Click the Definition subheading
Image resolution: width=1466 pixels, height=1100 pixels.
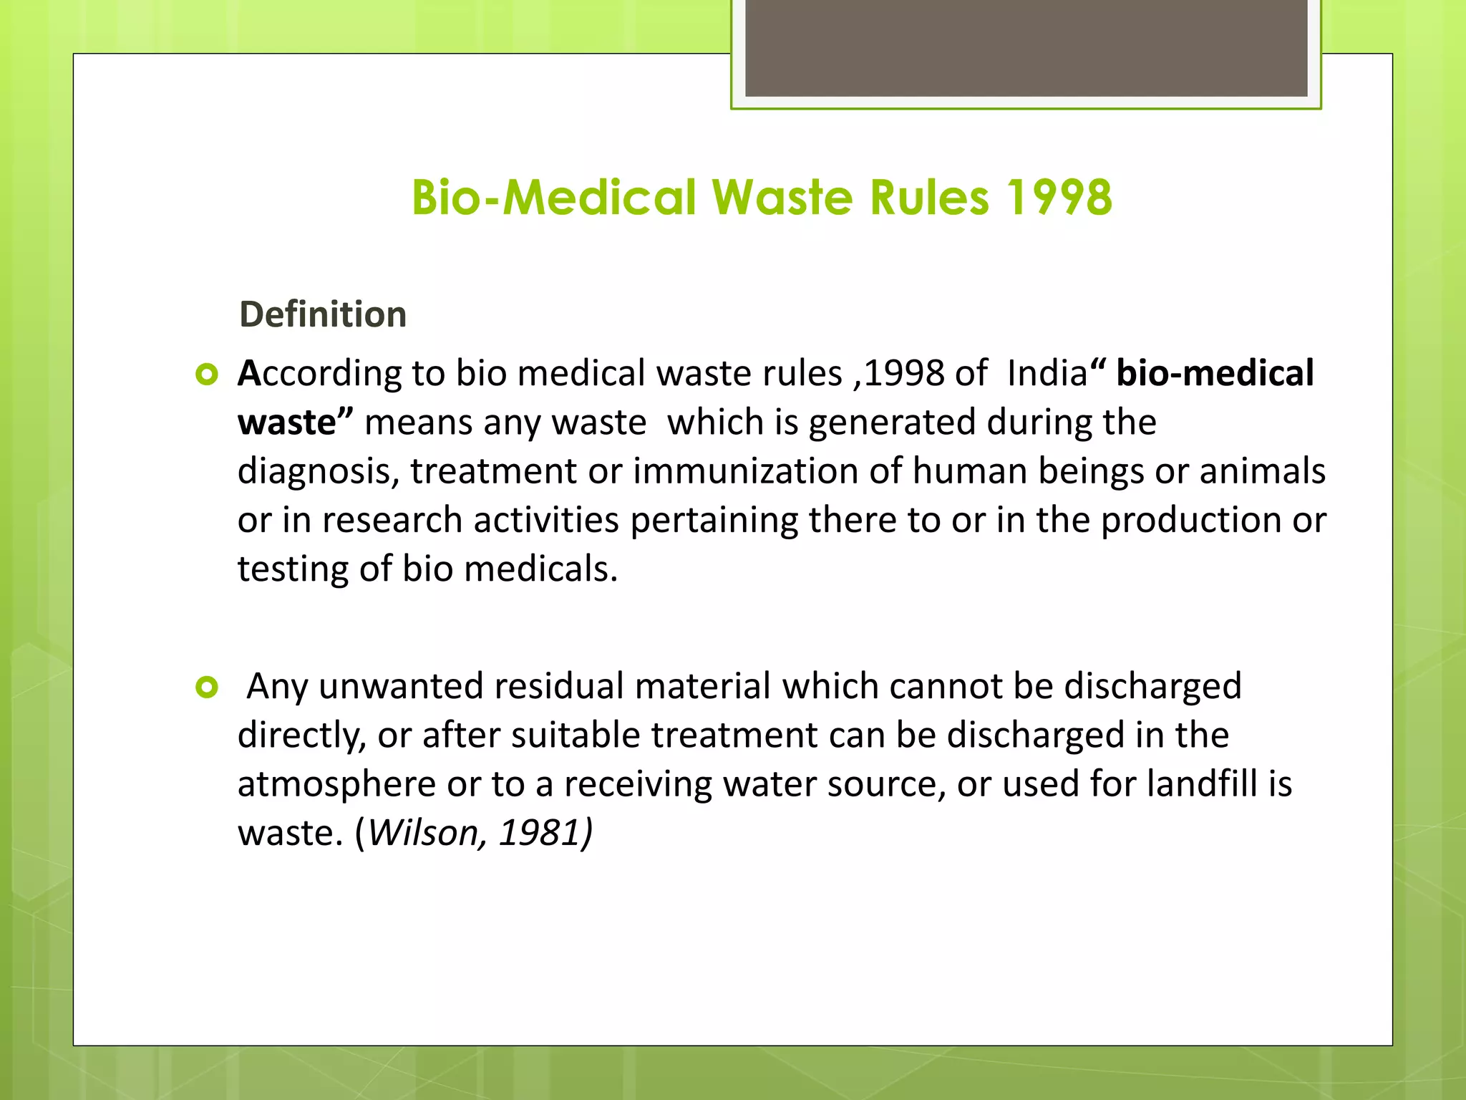[323, 314]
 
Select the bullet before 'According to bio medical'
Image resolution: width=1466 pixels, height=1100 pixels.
[206, 375]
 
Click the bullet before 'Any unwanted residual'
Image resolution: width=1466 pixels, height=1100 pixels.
[206, 687]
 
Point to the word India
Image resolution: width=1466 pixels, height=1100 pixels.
[1047, 373]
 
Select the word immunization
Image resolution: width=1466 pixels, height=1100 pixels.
[745, 471]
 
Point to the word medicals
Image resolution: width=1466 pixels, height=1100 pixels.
[540, 569]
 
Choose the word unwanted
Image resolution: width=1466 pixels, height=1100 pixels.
[401, 686]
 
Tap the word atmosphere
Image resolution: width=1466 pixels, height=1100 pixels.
[336, 784]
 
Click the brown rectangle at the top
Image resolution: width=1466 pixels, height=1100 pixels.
[1026, 47]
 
